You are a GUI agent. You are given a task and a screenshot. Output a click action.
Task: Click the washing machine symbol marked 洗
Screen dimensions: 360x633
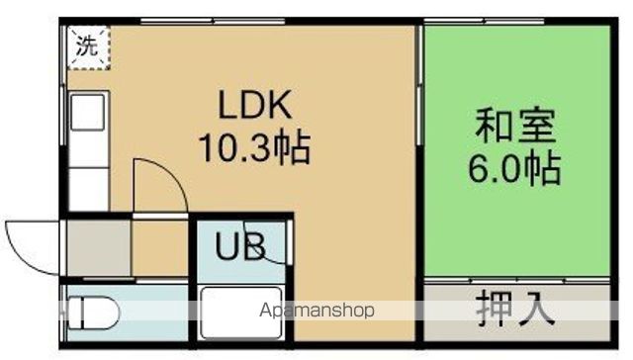(x=88, y=45)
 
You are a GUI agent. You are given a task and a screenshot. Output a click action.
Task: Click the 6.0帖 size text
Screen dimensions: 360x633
(x=514, y=168)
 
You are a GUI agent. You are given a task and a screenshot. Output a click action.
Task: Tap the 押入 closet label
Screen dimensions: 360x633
(x=514, y=310)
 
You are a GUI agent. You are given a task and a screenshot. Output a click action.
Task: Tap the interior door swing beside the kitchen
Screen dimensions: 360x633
(x=158, y=183)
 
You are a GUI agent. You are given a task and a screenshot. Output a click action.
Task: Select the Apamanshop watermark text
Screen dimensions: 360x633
(x=316, y=311)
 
